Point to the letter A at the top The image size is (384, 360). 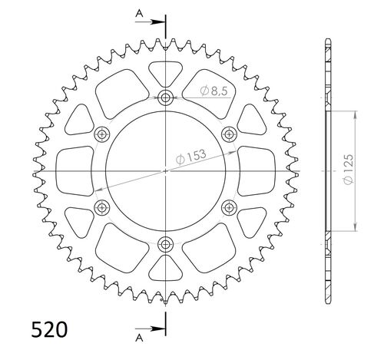point(137,13)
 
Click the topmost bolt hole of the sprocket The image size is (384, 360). point(166,97)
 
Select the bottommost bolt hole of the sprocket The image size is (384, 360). point(166,244)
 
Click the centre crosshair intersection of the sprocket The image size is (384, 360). point(166,170)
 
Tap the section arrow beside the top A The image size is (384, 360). point(154,21)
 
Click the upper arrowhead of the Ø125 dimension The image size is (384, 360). point(356,115)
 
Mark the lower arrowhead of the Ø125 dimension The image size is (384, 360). point(356,225)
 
